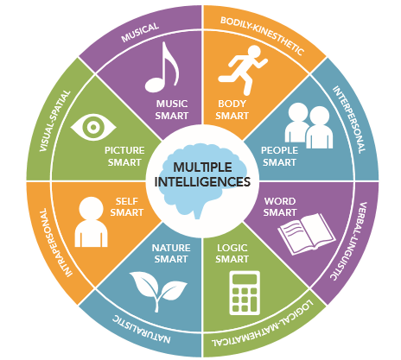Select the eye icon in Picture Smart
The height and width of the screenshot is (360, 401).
click(x=93, y=127)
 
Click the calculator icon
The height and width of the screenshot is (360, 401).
click(x=245, y=293)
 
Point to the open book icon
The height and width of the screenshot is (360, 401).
click(x=307, y=234)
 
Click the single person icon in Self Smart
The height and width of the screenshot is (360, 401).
click(x=91, y=222)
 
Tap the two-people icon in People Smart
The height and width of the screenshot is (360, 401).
click(x=309, y=126)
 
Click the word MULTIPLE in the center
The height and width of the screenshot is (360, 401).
click(x=202, y=167)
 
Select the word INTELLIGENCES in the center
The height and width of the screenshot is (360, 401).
click(x=202, y=181)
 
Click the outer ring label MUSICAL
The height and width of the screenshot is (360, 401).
click(x=140, y=33)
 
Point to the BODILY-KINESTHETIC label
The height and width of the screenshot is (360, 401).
click(x=262, y=36)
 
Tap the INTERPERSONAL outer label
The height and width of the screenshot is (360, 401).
click(x=349, y=119)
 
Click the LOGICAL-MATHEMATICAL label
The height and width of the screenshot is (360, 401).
click(x=262, y=324)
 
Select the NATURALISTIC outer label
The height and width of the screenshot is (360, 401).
click(x=141, y=330)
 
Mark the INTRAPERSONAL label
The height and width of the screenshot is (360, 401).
click(x=53, y=243)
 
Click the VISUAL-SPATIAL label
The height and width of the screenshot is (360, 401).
click(x=54, y=121)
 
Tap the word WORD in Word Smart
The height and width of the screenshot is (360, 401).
click(x=280, y=201)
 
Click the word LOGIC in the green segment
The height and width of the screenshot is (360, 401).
click(x=232, y=248)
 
